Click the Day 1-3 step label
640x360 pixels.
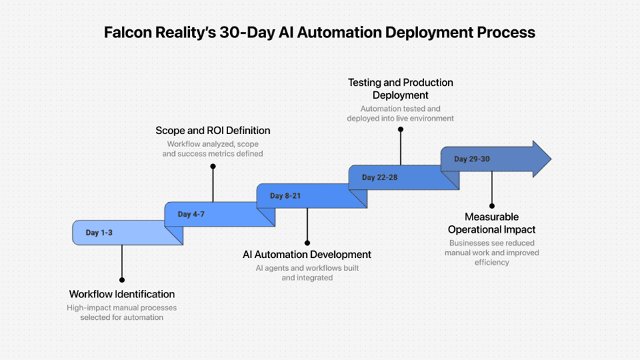click(x=99, y=233)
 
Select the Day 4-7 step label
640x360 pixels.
click(x=191, y=214)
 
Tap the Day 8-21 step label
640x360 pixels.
click(x=285, y=196)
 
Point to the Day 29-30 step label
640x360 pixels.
click(x=470, y=159)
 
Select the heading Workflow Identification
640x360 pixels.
click(x=122, y=295)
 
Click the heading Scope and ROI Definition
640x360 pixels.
click(x=213, y=131)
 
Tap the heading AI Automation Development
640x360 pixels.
click(x=307, y=255)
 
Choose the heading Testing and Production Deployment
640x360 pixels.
click(x=400, y=88)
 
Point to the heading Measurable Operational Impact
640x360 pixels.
click(x=492, y=223)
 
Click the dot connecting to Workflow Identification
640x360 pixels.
click(x=122, y=280)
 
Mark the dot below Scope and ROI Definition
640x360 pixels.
click(x=213, y=166)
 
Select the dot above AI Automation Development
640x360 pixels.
click(x=307, y=242)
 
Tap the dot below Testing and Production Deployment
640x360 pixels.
click(x=400, y=129)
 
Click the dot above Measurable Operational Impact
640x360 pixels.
click(x=492, y=206)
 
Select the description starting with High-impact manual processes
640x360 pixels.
click(x=122, y=312)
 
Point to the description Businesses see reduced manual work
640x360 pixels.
click(x=492, y=252)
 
